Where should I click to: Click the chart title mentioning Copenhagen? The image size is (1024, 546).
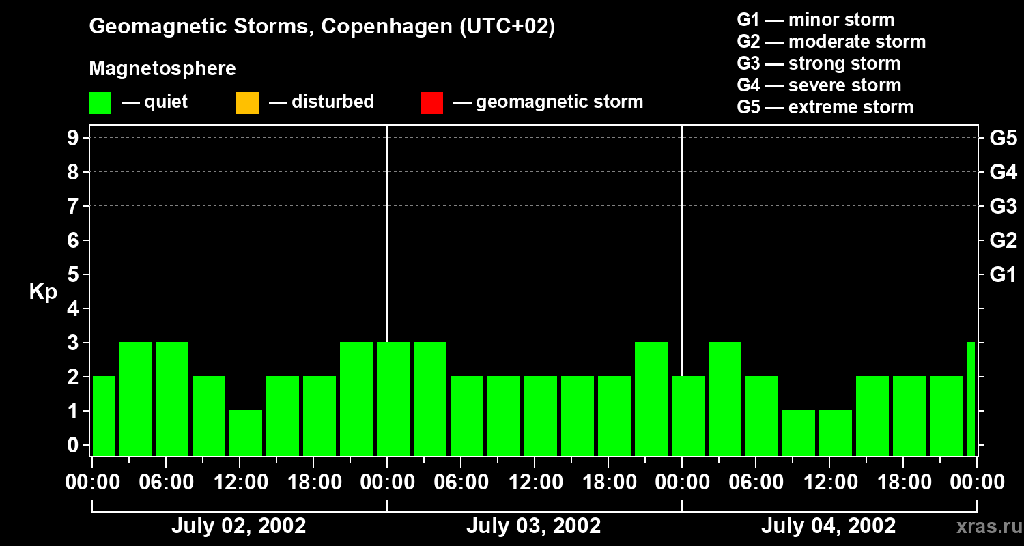[x=322, y=27]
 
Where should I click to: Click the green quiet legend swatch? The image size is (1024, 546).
[x=100, y=103]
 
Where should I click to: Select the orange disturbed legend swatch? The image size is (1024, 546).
[x=247, y=103]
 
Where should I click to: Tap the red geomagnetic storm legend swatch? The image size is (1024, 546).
[x=431, y=103]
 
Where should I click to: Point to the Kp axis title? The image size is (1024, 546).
[x=43, y=292]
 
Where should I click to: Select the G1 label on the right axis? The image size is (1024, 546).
[x=1003, y=275]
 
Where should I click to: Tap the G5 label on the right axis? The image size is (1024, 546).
[x=1003, y=139]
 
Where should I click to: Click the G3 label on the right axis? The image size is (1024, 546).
[x=1003, y=207]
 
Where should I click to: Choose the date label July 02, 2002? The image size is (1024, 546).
[x=238, y=526]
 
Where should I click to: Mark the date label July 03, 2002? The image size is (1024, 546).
[x=533, y=526]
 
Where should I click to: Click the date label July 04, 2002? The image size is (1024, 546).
[x=828, y=526]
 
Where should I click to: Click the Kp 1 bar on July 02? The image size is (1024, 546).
[x=246, y=433]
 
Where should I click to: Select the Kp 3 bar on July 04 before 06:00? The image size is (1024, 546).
[x=725, y=399]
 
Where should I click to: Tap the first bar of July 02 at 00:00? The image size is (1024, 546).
[x=103, y=416]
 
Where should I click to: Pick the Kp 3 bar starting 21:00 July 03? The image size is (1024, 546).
[x=651, y=399]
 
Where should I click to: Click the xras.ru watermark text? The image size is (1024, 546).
[x=987, y=527]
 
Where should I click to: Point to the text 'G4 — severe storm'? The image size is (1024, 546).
[x=819, y=85]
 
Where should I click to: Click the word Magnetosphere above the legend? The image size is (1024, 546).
[x=162, y=69]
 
